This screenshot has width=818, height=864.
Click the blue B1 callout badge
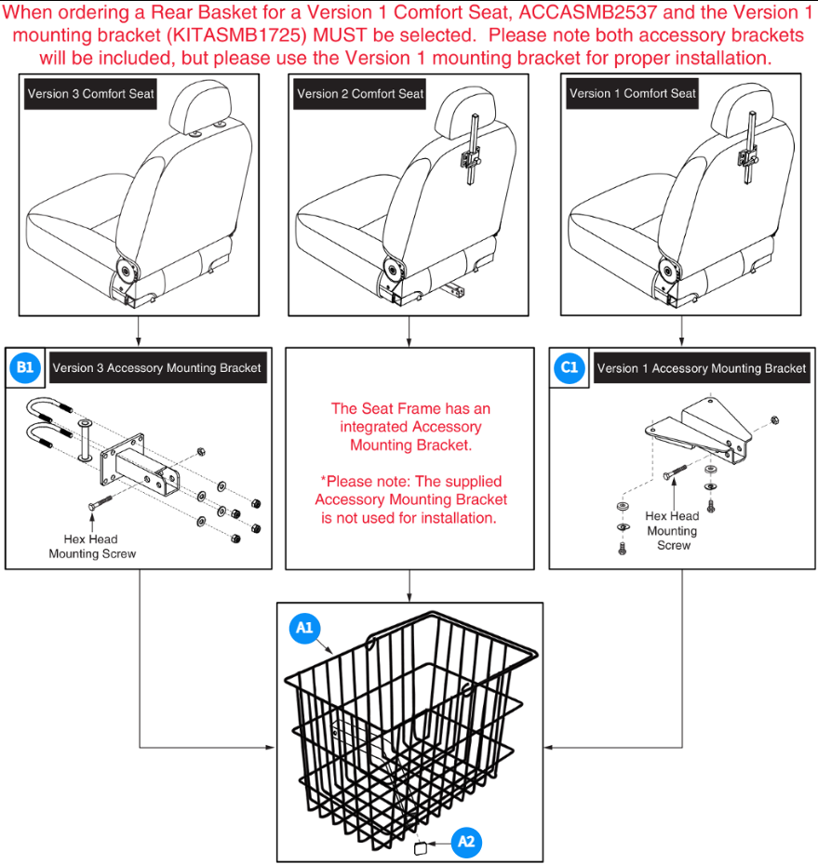point(25,368)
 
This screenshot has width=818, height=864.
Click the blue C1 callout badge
point(570,368)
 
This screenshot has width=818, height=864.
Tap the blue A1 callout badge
point(304,630)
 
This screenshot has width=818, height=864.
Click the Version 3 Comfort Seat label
point(91,94)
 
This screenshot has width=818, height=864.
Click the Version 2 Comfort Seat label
point(360,94)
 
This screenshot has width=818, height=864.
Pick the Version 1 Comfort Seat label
point(632,94)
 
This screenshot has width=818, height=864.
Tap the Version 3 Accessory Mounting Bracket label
point(156,368)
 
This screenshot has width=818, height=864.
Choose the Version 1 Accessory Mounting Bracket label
point(701,368)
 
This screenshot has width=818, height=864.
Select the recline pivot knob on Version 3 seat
point(125,272)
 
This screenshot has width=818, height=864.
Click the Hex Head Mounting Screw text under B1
point(92,546)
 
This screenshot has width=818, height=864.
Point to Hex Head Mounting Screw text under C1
point(672,530)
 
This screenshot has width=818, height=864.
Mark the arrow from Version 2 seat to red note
point(409,330)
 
